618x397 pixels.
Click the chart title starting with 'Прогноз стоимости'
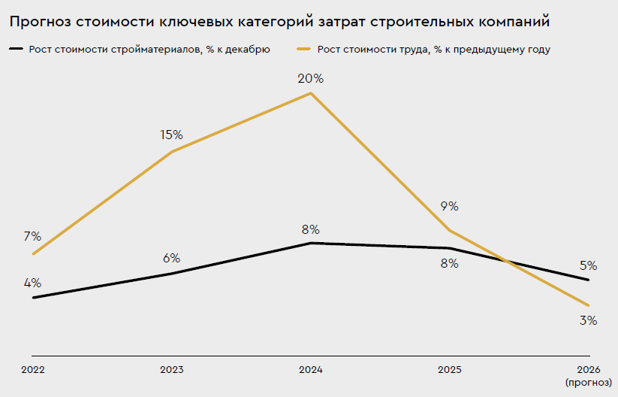pyautogui.click(x=279, y=22)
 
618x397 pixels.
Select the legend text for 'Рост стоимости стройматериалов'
pyautogui.click(x=149, y=50)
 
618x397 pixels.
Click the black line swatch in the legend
pyautogui.click(x=17, y=50)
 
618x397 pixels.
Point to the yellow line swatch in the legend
pyautogui.click(x=306, y=50)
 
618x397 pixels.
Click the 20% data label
pyautogui.click(x=310, y=78)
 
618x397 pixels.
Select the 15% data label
pyautogui.click(x=171, y=135)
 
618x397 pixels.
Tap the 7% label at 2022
pyautogui.click(x=32, y=236)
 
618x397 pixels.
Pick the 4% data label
pyautogui.click(x=32, y=283)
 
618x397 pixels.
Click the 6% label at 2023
pyautogui.click(x=171, y=258)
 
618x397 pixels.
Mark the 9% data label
pyautogui.click(x=449, y=207)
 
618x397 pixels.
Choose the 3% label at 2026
pyautogui.click(x=588, y=320)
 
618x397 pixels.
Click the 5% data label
pyautogui.click(x=588, y=265)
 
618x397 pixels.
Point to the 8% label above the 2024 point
pyautogui.click(x=310, y=229)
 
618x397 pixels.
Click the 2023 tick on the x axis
pyautogui.click(x=172, y=370)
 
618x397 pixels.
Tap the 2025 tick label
pyautogui.click(x=449, y=370)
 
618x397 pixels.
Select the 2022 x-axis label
pyautogui.click(x=33, y=370)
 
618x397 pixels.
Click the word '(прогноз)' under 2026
pyautogui.click(x=588, y=383)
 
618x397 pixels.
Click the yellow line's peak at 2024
pyautogui.click(x=311, y=93)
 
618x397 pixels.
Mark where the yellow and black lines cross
pyautogui.click(x=509, y=262)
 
